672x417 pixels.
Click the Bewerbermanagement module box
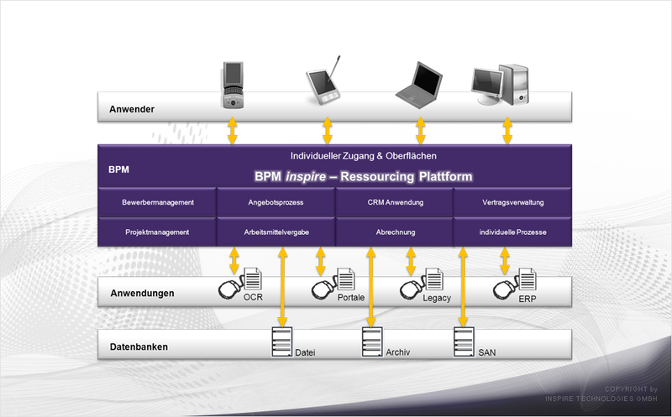point(157,202)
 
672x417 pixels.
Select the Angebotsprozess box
point(276,202)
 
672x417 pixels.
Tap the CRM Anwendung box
point(395,202)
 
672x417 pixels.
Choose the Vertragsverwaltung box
point(512,202)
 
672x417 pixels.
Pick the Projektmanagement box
point(157,232)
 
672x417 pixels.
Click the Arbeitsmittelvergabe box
point(276,232)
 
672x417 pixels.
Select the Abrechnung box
point(395,232)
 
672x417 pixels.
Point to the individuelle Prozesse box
point(512,232)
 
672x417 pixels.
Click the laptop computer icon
point(418,85)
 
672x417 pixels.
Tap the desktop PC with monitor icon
point(500,85)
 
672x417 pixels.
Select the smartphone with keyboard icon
point(234,86)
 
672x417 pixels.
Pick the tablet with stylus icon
point(324,81)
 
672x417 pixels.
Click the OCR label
point(253,297)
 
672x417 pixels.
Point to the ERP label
point(528,299)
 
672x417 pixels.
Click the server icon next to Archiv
point(372,342)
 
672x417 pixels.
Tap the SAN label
point(487,352)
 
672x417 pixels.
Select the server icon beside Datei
point(282,342)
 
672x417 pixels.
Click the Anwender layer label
point(132,109)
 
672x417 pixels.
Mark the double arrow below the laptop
point(421,131)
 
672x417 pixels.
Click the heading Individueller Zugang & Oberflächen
point(364,156)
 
